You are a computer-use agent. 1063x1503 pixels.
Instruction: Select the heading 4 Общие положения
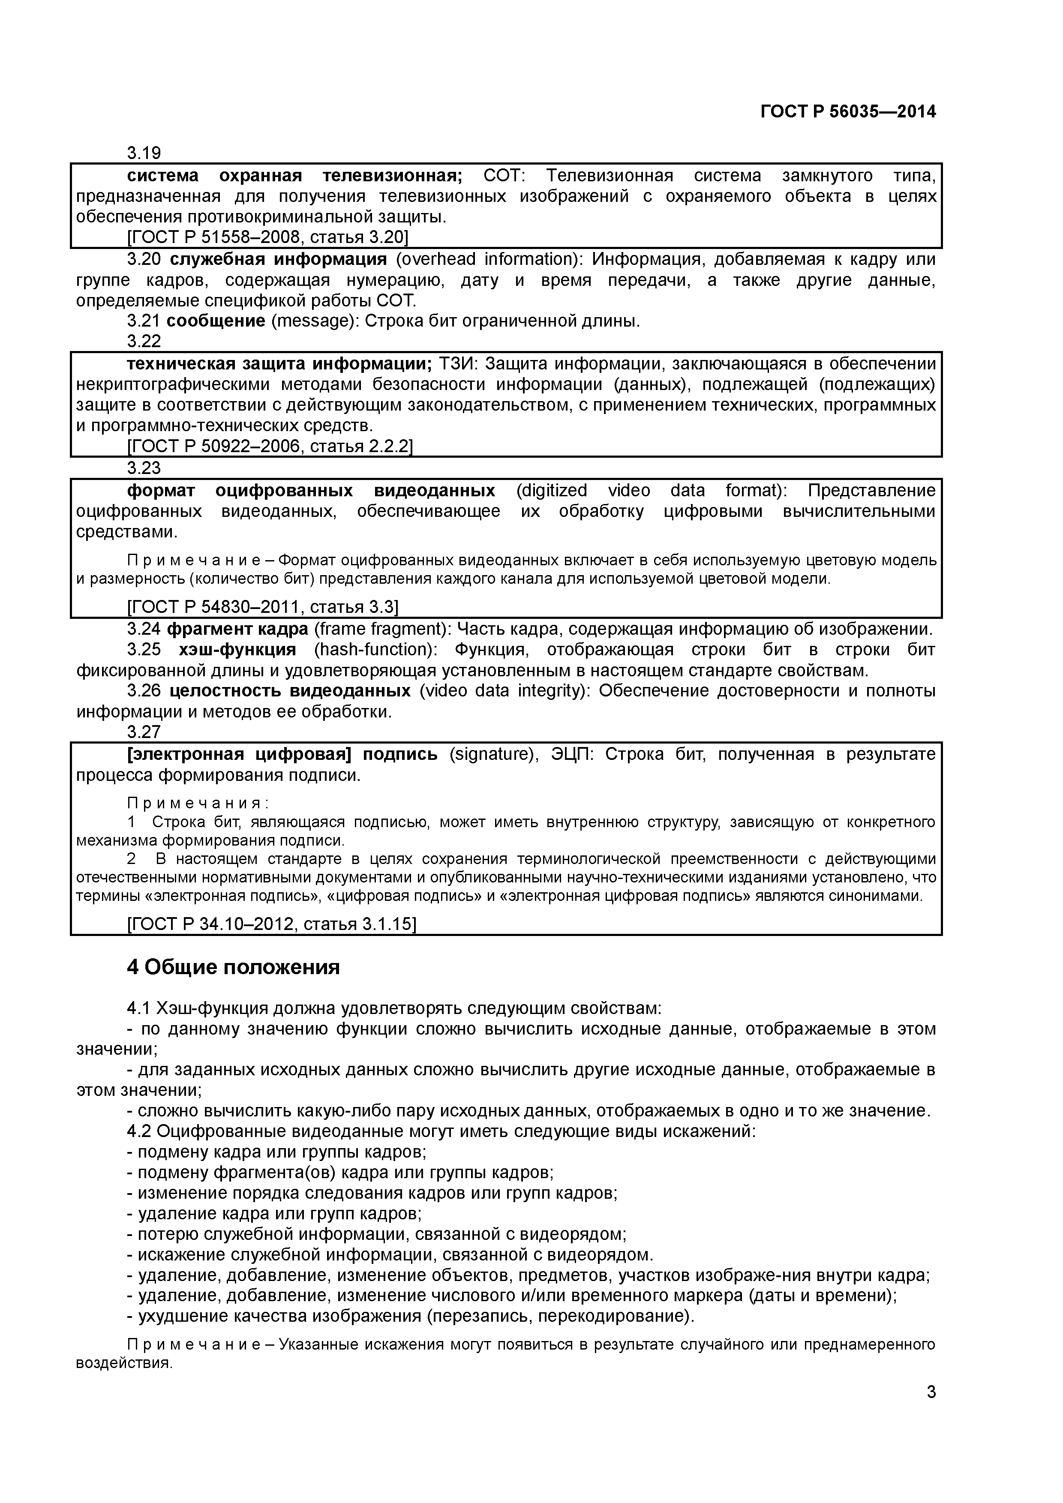point(233,967)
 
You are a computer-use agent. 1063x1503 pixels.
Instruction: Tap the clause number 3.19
point(144,153)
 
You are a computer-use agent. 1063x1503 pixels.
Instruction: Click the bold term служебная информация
point(278,259)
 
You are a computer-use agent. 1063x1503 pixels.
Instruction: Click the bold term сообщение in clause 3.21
point(216,321)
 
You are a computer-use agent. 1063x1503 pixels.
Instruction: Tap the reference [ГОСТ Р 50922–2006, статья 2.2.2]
point(269,447)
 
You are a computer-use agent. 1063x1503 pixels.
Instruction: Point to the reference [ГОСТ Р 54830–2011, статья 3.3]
point(262,607)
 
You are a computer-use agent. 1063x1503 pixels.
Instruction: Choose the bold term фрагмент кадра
point(237,629)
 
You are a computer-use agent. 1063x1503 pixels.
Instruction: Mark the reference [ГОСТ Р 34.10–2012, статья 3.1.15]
point(271,924)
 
